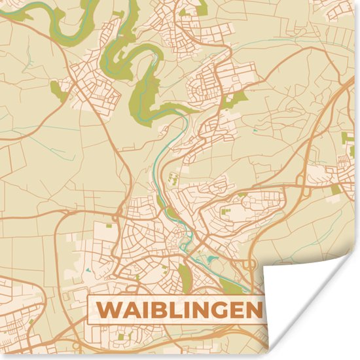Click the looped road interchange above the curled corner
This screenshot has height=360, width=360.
[x=251, y=264]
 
